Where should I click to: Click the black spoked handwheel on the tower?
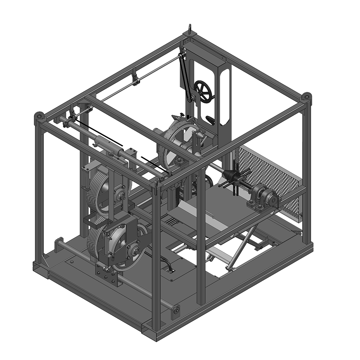pos(203,91)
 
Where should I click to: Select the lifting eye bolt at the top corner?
pos(190,29)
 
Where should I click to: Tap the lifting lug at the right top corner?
pos(306,97)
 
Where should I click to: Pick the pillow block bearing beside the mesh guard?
pos(266,197)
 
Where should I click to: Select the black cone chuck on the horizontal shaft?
pos(230,176)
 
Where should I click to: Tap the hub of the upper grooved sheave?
pos(120,195)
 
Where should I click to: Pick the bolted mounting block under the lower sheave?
pos(107,276)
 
